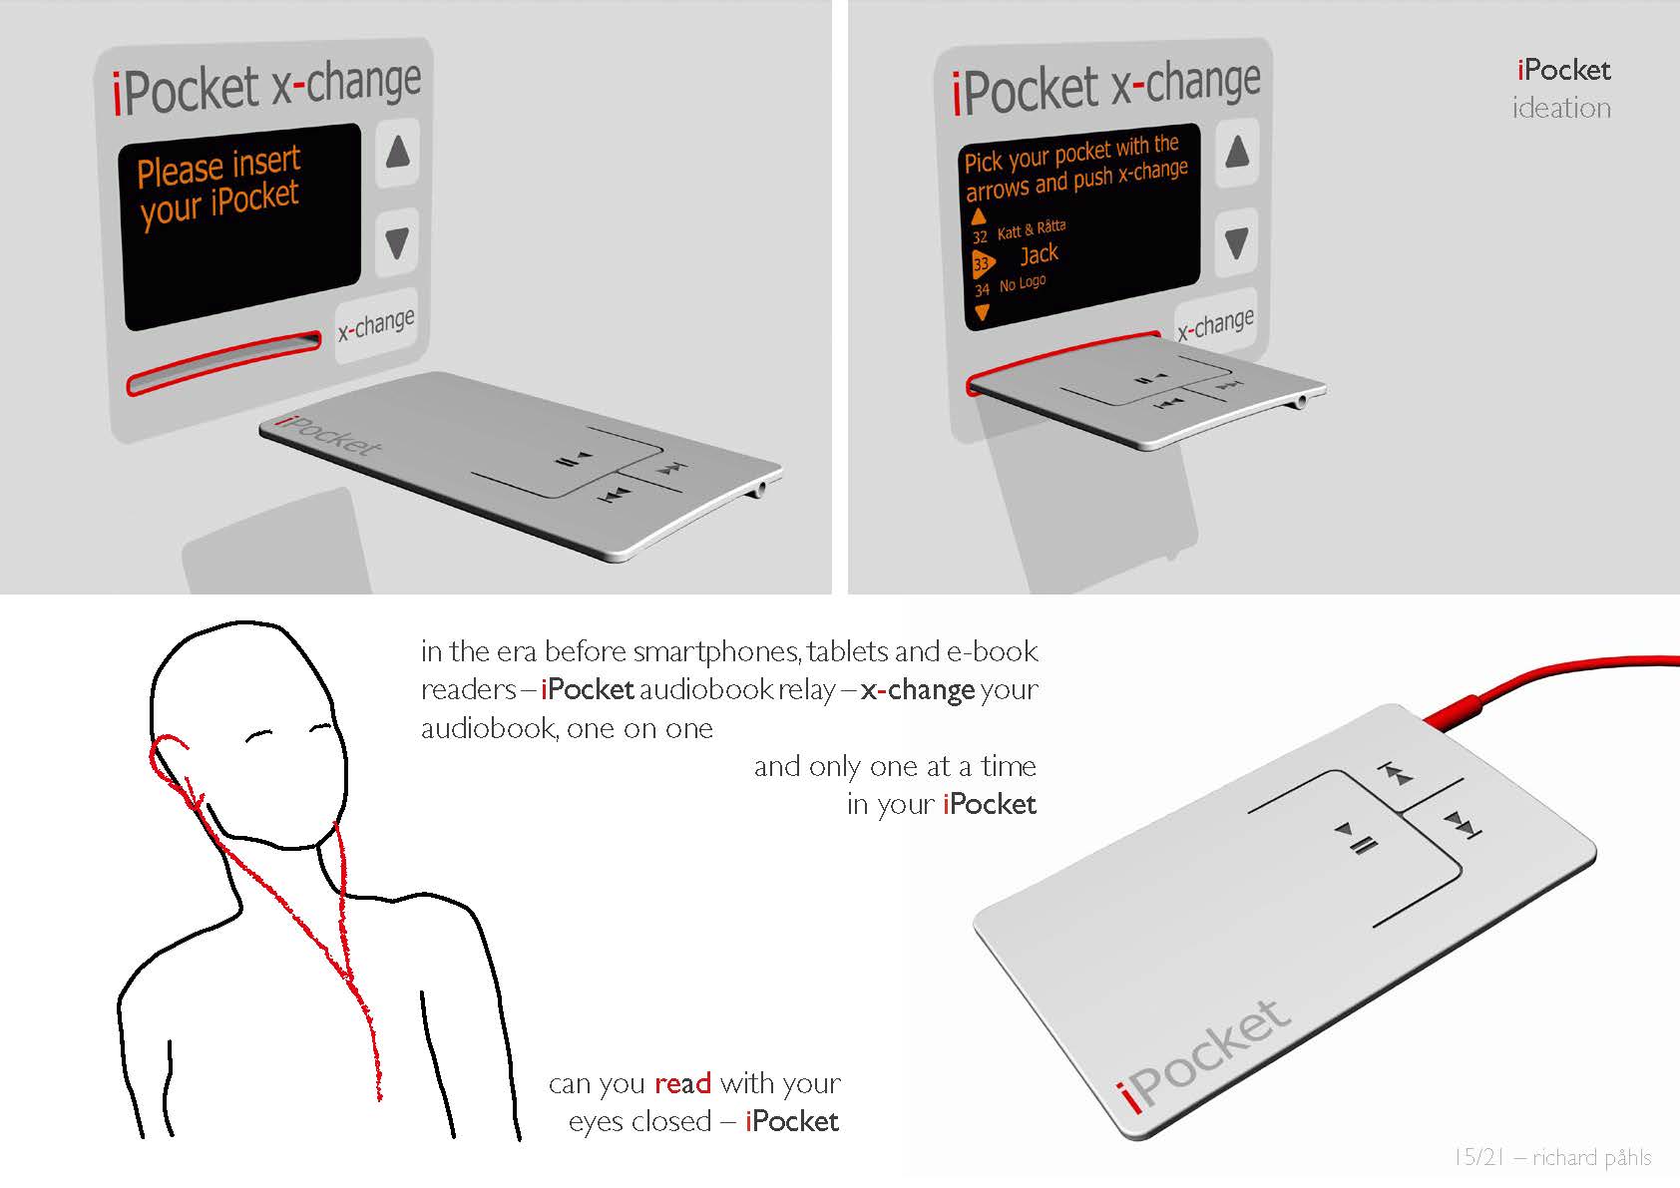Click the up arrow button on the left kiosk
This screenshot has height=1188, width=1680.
click(x=398, y=154)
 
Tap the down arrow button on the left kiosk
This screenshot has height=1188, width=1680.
click(x=397, y=241)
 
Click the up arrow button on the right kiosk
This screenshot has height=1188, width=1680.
click(x=1237, y=153)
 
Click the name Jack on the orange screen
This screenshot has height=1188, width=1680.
click(x=1039, y=254)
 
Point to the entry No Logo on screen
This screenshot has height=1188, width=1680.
click(x=1023, y=284)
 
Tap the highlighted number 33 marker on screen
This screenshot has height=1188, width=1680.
click(x=982, y=263)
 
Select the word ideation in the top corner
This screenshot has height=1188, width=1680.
click(x=1560, y=108)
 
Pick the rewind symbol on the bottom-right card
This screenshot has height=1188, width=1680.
click(x=1398, y=774)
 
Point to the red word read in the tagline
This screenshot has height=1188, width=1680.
click(x=682, y=1083)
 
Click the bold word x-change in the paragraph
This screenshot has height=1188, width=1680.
click(x=917, y=690)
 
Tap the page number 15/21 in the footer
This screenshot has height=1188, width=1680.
click(x=1477, y=1157)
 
